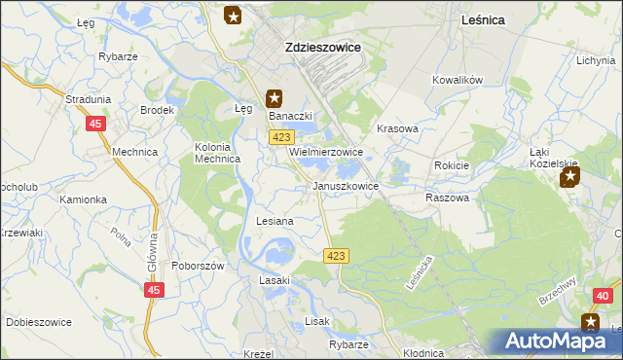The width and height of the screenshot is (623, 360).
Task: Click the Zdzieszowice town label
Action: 322,46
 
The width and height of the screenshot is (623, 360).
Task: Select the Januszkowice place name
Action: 346,185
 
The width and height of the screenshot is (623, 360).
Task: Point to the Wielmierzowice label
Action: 326,153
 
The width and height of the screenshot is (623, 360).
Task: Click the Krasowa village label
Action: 397,128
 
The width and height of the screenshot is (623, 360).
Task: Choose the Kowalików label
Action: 458,80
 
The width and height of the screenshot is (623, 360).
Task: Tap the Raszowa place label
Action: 447,197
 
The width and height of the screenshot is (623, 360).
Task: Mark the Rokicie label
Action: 452,165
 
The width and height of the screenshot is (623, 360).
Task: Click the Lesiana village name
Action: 275,222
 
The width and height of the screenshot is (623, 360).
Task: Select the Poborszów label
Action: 199,266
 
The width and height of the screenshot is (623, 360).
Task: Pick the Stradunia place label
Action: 88,99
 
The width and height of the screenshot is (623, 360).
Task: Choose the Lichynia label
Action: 595,60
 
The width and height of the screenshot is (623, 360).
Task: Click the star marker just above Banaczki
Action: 275,98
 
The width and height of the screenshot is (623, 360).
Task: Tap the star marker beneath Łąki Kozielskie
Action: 570,177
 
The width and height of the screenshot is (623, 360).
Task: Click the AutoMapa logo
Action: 556,342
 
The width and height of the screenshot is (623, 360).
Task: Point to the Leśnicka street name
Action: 421,275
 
